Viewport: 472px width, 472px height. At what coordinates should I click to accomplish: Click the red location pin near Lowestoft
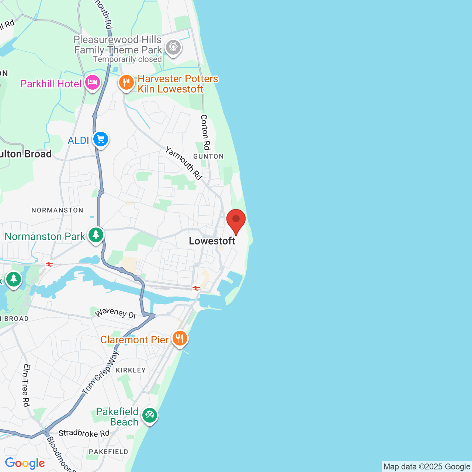(x=236, y=220)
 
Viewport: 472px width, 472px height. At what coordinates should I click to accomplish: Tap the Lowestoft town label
(x=212, y=241)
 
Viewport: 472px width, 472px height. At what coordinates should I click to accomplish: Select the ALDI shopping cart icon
(x=101, y=139)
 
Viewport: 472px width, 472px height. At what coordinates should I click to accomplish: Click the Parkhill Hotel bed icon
(x=92, y=83)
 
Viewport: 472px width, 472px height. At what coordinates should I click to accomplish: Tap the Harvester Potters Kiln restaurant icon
(x=126, y=83)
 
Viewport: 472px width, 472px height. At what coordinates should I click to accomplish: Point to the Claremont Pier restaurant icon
(x=180, y=338)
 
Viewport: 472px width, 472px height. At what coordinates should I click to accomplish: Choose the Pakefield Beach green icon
(x=150, y=416)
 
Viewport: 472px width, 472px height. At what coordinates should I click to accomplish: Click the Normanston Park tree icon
(x=96, y=235)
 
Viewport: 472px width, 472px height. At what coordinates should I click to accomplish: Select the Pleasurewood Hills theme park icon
(x=173, y=48)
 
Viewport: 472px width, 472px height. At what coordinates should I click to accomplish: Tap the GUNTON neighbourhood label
(x=208, y=156)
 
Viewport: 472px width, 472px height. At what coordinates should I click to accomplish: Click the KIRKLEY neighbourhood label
(x=131, y=370)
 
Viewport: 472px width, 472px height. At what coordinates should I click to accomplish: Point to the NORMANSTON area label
(x=58, y=210)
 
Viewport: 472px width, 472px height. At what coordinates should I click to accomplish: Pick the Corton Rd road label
(x=205, y=132)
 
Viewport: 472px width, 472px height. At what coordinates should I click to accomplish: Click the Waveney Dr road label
(x=116, y=313)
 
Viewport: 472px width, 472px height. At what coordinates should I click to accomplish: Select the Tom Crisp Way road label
(x=100, y=372)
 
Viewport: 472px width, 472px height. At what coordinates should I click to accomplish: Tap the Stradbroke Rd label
(x=84, y=433)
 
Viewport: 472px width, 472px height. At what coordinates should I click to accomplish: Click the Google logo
(x=25, y=463)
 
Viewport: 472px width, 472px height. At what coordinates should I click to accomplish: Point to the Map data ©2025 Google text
(x=427, y=467)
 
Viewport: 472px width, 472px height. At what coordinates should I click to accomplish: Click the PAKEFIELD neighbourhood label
(x=108, y=452)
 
